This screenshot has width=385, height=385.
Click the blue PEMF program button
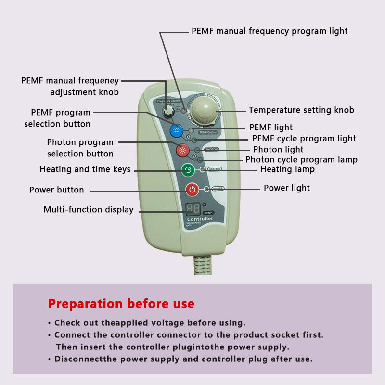point(175,130)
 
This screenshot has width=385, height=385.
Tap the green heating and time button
point(188,170)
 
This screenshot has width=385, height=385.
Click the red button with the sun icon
point(182,150)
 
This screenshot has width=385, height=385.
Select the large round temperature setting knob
point(205,110)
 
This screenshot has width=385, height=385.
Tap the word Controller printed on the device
point(200,219)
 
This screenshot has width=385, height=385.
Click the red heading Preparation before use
point(121,304)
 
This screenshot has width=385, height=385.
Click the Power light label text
point(287,188)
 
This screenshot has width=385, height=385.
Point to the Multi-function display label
point(89,209)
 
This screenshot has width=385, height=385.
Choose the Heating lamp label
point(287,169)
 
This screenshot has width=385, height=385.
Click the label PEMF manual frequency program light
point(269,31)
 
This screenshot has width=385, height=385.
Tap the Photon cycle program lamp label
point(301,159)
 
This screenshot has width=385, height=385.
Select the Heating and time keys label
point(85,169)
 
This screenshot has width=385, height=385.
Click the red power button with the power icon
point(192,189)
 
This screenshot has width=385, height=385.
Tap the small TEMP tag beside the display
point(208,212)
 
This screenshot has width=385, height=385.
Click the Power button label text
point(56,190)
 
